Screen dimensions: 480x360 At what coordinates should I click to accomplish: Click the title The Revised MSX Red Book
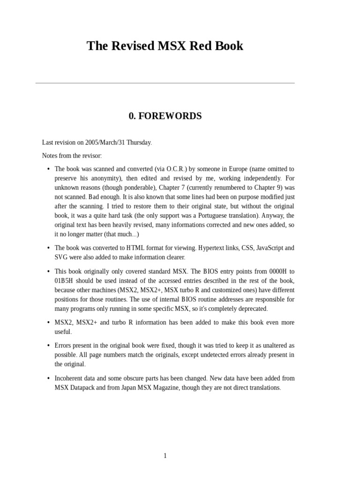point(165,46)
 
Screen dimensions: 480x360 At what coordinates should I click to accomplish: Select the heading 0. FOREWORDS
point(165,116)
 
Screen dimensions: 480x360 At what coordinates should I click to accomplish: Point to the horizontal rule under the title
point(165,83)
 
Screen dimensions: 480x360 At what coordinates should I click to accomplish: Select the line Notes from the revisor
point(72,156)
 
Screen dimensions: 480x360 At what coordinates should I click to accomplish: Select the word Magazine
point(169,388)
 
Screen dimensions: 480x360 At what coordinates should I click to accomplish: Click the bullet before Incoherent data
point(49,378)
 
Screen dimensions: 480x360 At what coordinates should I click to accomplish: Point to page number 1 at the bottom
point(165,456)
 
